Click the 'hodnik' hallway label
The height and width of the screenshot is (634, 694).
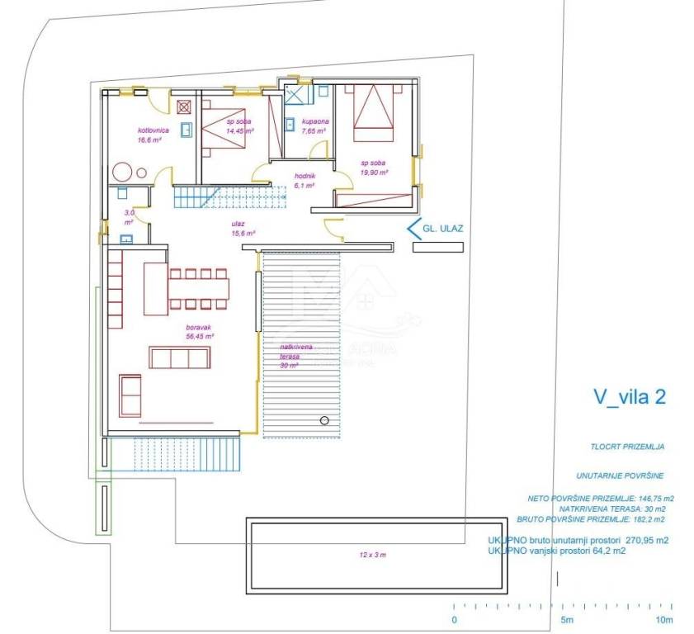pyautogui.click(x=305, y=175)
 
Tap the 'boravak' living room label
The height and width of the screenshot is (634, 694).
pyautogui.click(x=200, y=327)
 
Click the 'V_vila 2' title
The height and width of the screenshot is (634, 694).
pyautogui.click(x=630, y=397)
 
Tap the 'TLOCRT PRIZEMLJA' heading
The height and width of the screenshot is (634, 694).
pyautogui.click(x=628, y=447)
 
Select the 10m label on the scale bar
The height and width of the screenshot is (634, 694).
pyautogui.click(x=664, y=619)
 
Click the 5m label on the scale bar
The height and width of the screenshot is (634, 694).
pyautogui.click(x=567, y=619)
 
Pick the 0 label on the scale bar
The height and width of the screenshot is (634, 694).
pyautogui.click(x=454, y=619)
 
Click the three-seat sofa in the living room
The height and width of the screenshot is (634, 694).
pyautogui.click(x=179, y=357)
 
